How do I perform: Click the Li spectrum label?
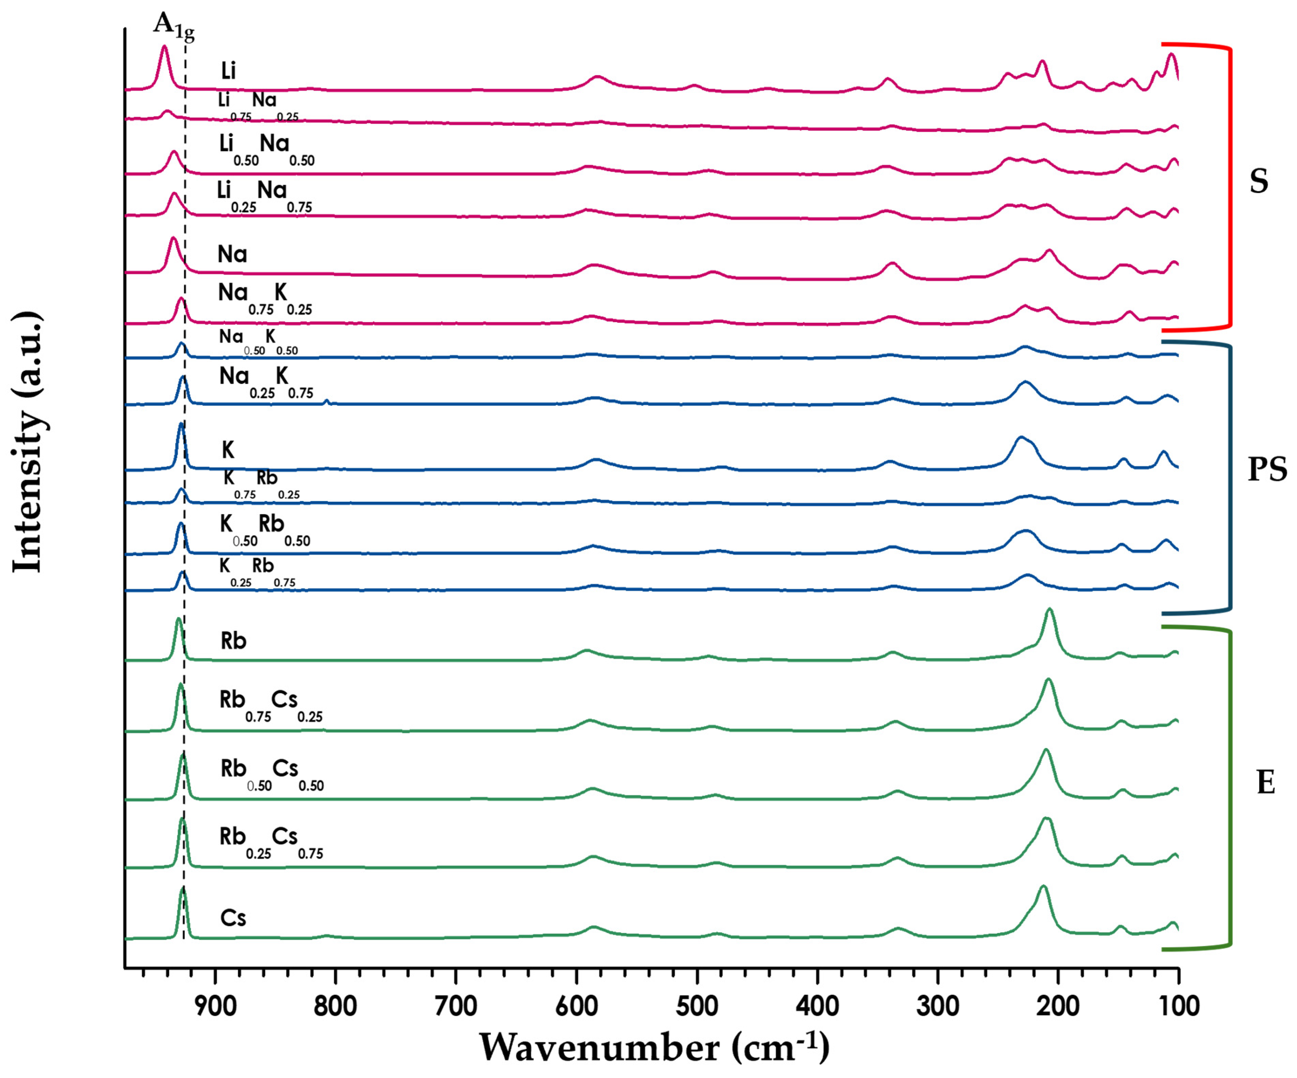[229, 71]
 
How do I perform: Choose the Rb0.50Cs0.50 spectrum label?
[272, 774]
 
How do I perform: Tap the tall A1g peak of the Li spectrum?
[164, 47]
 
